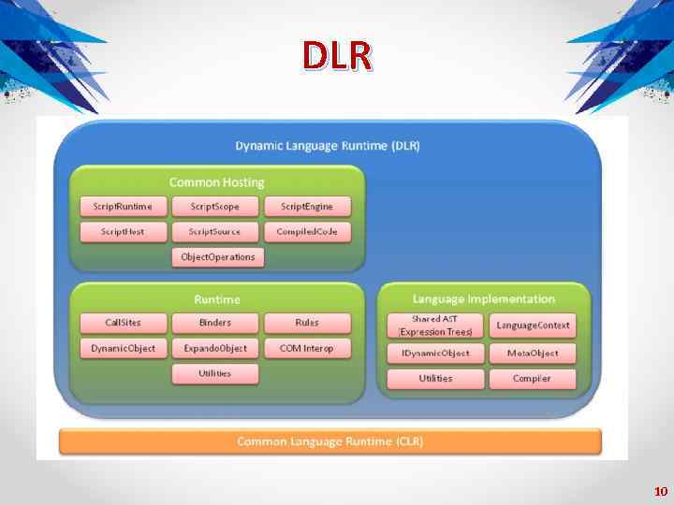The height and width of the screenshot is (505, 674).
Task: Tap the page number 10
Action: [660, 491]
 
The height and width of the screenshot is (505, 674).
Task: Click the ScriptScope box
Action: [214, 207]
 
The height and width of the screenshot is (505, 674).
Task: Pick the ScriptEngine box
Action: [306, 207]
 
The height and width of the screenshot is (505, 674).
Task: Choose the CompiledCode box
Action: [306, 232]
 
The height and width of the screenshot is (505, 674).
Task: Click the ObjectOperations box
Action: [217, 256]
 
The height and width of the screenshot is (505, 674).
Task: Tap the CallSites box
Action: [124, 323]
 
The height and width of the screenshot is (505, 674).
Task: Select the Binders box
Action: [214, 323]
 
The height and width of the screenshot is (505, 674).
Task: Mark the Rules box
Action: [307, 323]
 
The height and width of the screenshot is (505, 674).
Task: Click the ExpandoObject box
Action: [214, 348]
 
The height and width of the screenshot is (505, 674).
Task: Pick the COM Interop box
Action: [307, 348]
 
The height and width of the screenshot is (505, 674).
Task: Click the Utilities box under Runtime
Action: [214, 373]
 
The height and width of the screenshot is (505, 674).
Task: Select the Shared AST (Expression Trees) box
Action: [435, 325]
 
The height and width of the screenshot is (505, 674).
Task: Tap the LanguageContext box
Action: [533, 325]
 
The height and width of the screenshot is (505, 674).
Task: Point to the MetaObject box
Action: [533, 353]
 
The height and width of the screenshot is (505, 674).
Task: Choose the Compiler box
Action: [533, 379]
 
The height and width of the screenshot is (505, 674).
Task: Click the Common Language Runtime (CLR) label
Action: [330, 440]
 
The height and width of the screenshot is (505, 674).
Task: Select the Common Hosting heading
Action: [216, 182]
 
